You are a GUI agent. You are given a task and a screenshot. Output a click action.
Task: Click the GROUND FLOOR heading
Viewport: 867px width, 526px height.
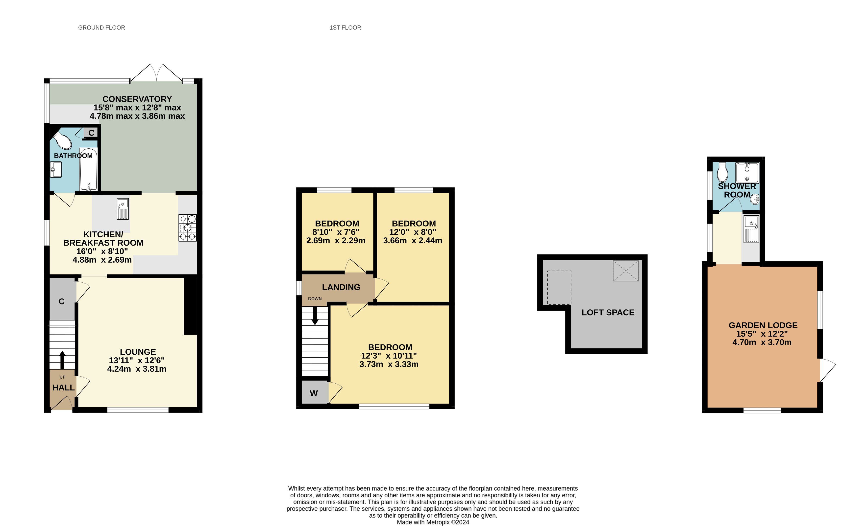click(101, 27)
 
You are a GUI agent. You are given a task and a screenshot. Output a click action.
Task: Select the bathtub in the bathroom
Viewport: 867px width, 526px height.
click(88, 169)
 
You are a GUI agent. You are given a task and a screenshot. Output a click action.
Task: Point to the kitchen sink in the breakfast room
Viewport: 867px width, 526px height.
click(123, 209)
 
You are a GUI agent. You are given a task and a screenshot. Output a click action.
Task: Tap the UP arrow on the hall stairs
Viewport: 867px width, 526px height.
click(62, 359)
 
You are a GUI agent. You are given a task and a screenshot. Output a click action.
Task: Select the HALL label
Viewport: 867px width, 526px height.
click(63, 388)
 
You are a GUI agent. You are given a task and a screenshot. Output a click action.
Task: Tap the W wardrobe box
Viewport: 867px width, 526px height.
click(314, 393)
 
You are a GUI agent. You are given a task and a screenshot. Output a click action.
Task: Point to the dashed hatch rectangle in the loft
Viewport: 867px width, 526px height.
click(559, 288)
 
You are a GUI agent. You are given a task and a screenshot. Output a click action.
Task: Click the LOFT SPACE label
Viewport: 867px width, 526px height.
click(608, 312)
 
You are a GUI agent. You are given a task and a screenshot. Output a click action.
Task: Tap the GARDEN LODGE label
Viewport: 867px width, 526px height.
click(763, 325)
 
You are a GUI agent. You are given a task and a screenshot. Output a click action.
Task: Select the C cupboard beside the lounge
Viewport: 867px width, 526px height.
click(62, 301)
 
